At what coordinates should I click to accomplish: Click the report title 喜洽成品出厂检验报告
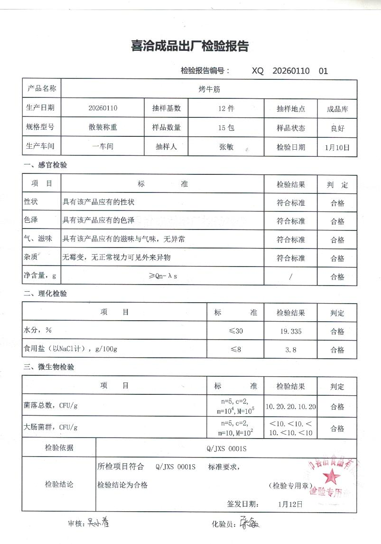point(190,47)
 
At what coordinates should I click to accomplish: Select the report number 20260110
point(291,71)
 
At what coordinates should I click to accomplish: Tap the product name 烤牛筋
point(209,89)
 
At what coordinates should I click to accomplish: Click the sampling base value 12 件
point(226,108)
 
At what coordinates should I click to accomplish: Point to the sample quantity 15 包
point(226,128)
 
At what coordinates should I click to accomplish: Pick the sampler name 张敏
point(226,147)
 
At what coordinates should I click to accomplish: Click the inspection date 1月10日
point(337,147)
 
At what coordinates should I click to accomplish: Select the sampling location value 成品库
point(337,109)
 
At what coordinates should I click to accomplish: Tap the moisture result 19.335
point(291,331)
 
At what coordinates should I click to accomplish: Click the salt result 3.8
point(291,350)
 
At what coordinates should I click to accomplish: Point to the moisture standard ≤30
point(235,331)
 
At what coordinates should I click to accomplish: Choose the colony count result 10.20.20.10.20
point(291,407)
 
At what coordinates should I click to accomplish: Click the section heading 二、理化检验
point(46,294)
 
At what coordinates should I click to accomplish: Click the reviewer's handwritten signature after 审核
point(98,523)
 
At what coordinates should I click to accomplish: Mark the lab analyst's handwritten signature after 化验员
point(249,524)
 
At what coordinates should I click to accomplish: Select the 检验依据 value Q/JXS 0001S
point(226,448)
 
